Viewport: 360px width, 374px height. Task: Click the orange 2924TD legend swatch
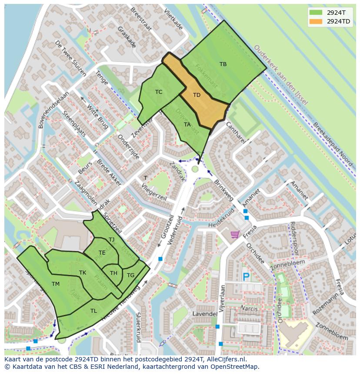pyautogui.click(x=316, y=21)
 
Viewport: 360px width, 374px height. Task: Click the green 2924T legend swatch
pyautogui.click(x=316, y=12)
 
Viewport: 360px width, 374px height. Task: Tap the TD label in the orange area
pyautogui.click(x=197, y=95)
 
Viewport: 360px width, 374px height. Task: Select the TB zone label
pyautogui.click(x=223, y=64)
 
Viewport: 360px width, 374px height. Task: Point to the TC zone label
pyautogui.click(x=159, y=92)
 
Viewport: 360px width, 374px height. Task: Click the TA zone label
pyautogui.click(x=187, y=125)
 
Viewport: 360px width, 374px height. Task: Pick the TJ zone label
pyautogui.click(x=111, y=240)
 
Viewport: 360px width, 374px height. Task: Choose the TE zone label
pyautogui.click(x=102, y=253)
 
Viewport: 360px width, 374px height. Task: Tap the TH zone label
pyautogui.click(x=113, y=273)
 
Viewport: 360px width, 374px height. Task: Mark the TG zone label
pyautogui.click(x=130, y=275)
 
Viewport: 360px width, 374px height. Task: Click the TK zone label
pyautogui.click(x=83, y=273)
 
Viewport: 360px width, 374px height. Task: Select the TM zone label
pyautogui.click(x=55, y=284)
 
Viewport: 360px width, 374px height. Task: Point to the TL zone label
pyautogui.click(x=93, y=311)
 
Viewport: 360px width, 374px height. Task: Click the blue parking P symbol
pyautogui.click(x=246, y=277)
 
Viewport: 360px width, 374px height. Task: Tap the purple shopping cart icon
pyautogui.click(x=235, y=235)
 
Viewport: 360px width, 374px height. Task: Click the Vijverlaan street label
pyautogui.click(x=222, y=299)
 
